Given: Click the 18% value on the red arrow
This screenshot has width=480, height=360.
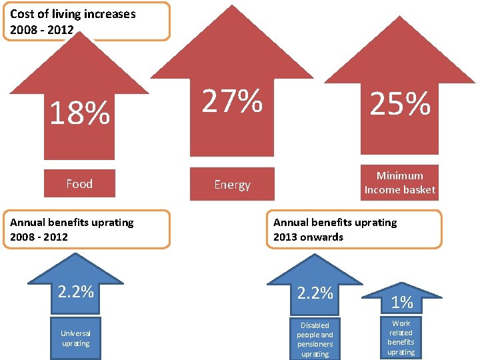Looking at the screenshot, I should coord(80,113).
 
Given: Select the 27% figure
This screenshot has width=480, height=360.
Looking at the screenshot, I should coord(232,101).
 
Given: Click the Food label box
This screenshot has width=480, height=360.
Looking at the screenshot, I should coord(79,183).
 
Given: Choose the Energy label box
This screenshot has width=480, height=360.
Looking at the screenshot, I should coord(232,184).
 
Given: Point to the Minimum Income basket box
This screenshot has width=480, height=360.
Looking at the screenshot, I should coord(400,183).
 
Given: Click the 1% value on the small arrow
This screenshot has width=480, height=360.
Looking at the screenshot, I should coord(401,303).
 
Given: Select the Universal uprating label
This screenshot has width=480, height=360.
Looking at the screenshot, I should coord(75,338).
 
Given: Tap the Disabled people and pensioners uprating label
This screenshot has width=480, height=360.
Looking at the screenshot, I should coord(315,339).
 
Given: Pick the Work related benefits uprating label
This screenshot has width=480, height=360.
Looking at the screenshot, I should coord(401,337).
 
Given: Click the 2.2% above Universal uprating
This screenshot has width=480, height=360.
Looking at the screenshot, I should coord(75,291).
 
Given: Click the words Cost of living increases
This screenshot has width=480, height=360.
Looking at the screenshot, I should coord(73,14).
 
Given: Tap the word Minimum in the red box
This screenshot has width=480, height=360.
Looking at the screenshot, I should coord(400,176).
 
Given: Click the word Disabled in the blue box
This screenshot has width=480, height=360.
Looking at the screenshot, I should coord(315,325).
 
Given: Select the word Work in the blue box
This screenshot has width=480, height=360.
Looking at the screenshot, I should coord(401,323).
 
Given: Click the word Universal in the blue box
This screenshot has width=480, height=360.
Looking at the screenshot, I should coord(75,333).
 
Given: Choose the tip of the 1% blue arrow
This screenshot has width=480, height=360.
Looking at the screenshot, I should coord(401,283).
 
